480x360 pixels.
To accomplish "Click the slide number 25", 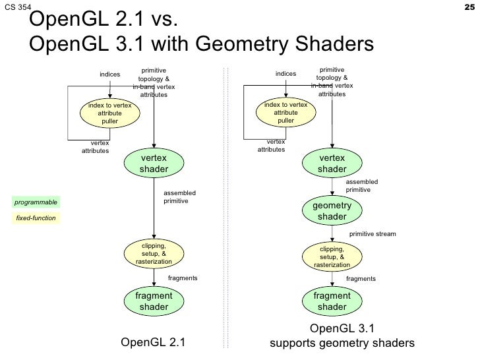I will coord(470,7).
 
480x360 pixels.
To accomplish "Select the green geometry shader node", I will coord(332,212).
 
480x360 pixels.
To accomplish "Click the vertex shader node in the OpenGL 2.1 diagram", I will coord(154,164).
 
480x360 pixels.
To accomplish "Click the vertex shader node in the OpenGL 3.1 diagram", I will coord(332,164).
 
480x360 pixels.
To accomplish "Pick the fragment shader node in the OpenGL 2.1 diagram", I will coord(154,301).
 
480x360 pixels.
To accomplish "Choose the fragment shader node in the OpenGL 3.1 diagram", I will coord(332,301).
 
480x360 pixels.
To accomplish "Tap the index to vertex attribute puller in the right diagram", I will coord(285,113).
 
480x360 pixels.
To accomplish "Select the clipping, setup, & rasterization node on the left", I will coord(154,254).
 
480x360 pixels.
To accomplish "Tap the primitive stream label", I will coord(373,234).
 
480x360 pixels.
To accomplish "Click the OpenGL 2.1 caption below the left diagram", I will coord(153,342).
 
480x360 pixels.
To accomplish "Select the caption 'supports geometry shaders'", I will coord(342,344).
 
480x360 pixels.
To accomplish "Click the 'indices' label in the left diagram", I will coord(109,75).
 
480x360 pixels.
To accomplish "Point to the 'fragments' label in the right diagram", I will coord(361,279).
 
